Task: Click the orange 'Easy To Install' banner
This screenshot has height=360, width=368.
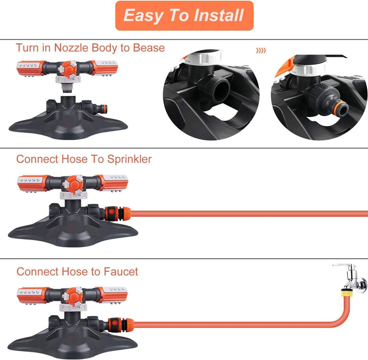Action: [184, 15]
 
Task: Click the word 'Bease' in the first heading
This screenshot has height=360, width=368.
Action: [149, 48]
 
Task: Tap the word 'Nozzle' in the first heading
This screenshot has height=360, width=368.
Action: [71, 48]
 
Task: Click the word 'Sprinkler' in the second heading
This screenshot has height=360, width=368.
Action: [129, 159]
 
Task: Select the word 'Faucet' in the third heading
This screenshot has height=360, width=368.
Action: [121, 272]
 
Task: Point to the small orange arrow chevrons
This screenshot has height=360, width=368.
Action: [261, 50]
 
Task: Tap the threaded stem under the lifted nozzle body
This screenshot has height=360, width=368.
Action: [68, 88]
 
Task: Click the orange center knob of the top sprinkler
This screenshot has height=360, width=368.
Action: [68, 69]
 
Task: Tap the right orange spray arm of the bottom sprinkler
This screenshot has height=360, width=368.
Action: [112, 295]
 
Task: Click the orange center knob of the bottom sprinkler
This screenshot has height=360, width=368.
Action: [74, 296]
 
